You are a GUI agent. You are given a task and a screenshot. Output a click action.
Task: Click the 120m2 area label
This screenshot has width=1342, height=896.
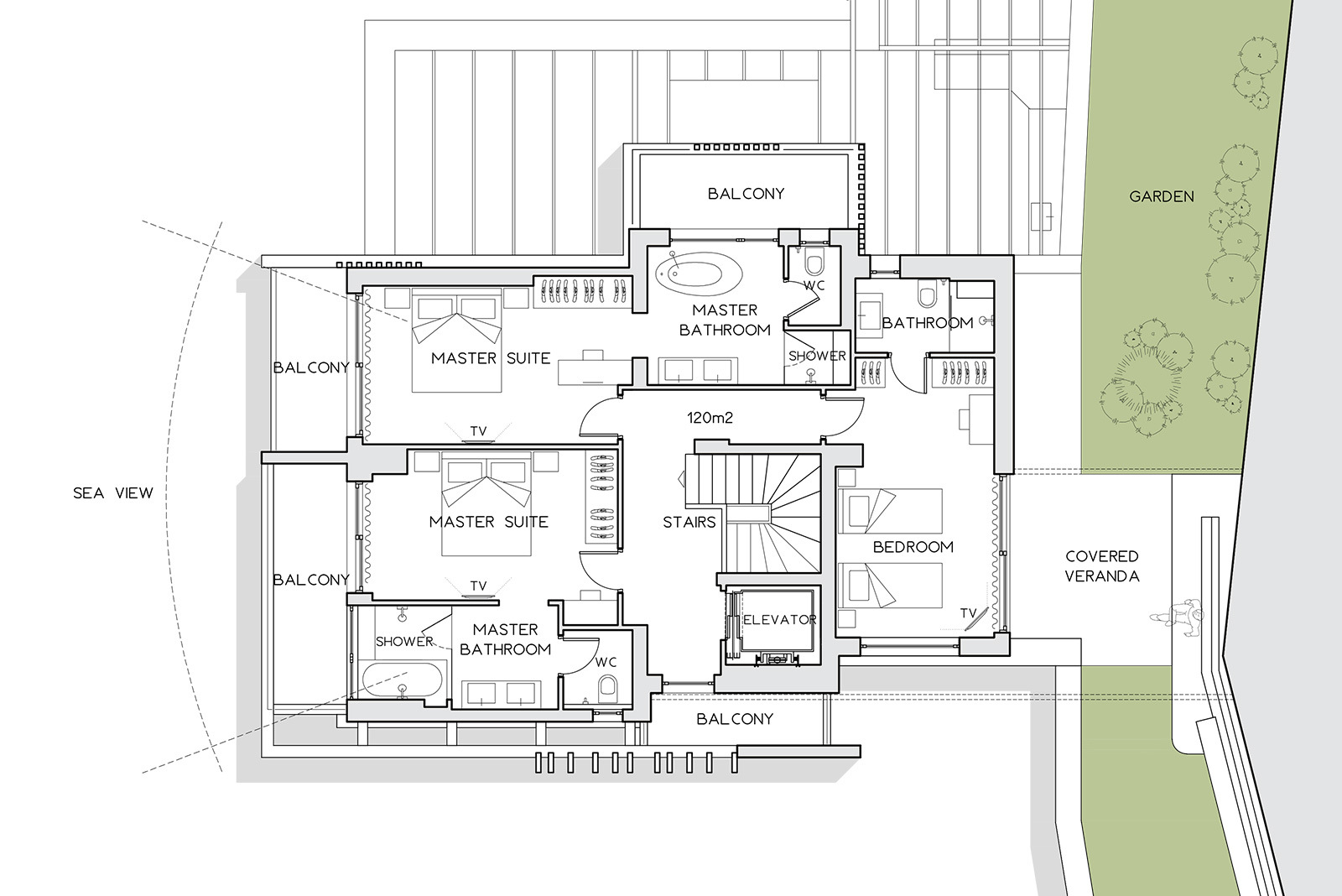click(710, 418)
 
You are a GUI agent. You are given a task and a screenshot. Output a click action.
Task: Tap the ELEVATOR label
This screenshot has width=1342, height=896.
click(779, 620)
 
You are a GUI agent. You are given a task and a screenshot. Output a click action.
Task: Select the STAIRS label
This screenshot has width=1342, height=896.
click(689, 522)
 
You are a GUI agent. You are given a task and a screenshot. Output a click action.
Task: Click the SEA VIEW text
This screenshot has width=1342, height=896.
click(113, 493)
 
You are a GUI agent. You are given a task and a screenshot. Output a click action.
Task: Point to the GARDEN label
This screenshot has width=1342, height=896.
click(1161, 196)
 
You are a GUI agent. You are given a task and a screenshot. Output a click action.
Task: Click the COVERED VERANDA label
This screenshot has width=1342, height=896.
click(1102, 566)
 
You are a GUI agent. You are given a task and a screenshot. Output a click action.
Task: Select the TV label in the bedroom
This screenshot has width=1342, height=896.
click(968, 613)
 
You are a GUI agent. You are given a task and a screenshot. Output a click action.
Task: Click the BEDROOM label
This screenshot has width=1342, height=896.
click(913, 547)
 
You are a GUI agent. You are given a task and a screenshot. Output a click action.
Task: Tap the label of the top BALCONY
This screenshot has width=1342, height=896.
click(746, 194)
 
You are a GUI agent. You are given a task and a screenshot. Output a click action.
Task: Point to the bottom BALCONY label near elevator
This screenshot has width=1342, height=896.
click(735, 719)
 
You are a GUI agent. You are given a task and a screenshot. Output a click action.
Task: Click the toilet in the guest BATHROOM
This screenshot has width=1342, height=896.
click(927, 293)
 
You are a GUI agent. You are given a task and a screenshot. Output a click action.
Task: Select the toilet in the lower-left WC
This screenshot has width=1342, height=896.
click(607, 690)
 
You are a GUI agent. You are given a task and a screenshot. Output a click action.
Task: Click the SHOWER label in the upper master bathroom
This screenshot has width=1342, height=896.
click(817, 356)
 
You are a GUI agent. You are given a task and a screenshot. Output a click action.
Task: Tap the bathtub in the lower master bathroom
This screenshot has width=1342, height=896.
click(402, 680)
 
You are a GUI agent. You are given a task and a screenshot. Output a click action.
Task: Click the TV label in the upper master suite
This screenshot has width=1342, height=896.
click(478, 431)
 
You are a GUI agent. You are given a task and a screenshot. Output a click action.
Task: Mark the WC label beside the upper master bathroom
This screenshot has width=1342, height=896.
click(814, 286)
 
